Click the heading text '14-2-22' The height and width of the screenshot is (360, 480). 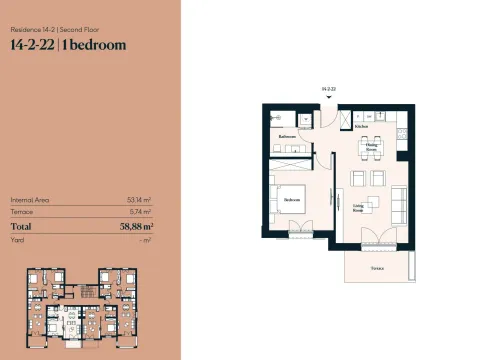click(x=31, y=45)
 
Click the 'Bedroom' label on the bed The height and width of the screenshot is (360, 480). click(x=293, y=199)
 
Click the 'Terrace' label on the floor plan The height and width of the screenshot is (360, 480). click(x=377, y=268)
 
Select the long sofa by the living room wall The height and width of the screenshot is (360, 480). click(x=396, y=204)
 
